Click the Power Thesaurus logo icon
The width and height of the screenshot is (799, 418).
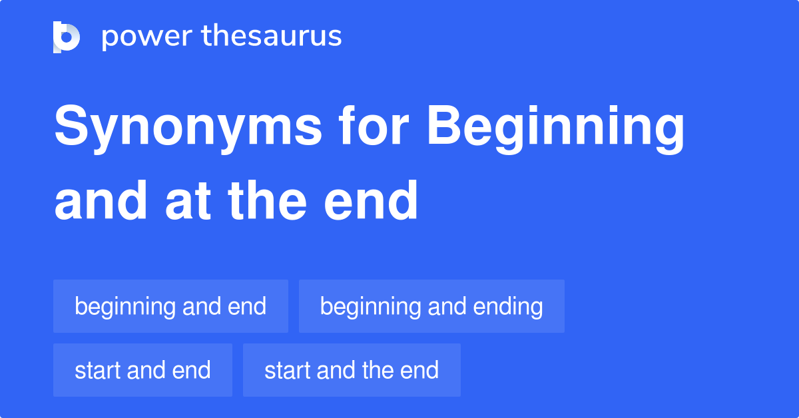click(x=67, y=37)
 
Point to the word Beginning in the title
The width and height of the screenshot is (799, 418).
click(x=556, y=128)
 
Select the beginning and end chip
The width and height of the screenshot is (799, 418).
click(x=170, y=306)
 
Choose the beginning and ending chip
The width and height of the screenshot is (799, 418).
click(x=431, y=306)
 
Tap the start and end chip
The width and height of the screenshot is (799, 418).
click(x=142, y=370)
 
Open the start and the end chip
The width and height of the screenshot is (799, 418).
click(x=352, y=370)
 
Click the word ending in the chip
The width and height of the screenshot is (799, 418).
click(x=508, y=308)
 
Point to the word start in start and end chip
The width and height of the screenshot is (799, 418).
click(x=96, y=370)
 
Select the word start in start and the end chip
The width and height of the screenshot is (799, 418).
click(x=286, y=370)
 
